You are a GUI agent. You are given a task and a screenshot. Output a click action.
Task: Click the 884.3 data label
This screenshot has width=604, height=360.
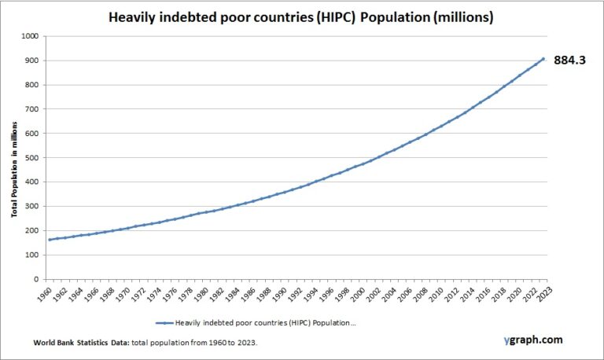(x=571, y=61)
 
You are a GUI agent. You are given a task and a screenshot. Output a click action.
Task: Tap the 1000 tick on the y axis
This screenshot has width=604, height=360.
(x=31, y=36)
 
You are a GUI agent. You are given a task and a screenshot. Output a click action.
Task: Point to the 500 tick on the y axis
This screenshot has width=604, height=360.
(x=32, y=157)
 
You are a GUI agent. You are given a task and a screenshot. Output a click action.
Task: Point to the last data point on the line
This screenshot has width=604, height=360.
(x=543, y=59)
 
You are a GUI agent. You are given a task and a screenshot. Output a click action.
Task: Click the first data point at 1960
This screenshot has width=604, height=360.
(x=50, y=240)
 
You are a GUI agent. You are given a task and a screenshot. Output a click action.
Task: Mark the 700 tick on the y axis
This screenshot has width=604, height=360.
(x=32, y=109)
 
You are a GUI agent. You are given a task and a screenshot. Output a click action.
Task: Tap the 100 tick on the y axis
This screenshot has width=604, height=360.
(x=32, y=255)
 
